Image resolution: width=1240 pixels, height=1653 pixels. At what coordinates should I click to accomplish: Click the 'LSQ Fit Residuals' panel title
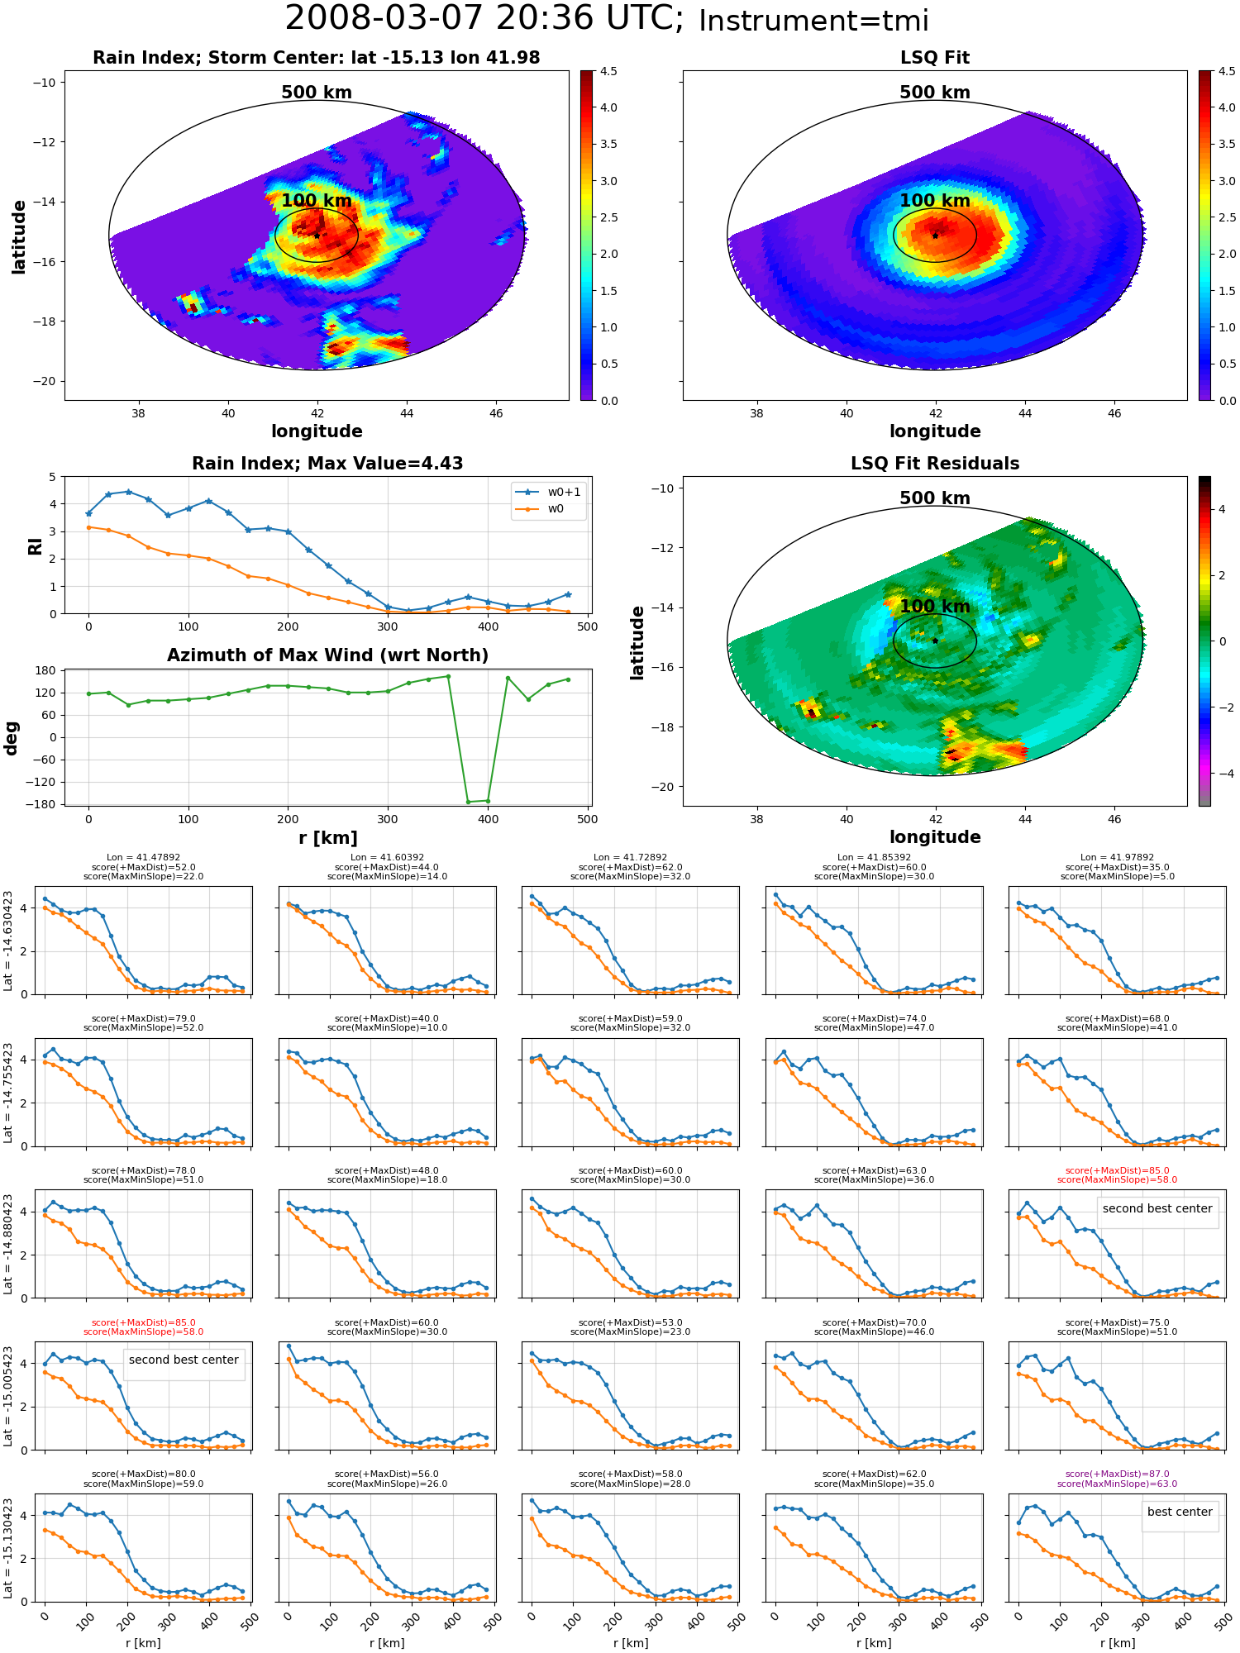click(935, 464)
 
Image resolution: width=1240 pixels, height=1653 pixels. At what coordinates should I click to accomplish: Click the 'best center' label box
click(1180, 1512)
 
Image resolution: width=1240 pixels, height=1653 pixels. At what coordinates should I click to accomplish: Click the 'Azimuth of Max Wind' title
click(327, 655)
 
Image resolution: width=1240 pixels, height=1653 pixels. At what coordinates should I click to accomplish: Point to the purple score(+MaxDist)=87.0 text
click(1117, 1474)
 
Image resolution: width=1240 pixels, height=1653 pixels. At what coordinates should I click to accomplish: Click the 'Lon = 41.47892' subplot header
click(143, 858)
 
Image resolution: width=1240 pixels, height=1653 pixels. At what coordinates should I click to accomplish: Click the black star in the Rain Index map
click(317, 236)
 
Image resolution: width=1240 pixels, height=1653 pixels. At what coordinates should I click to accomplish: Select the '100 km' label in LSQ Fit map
click(935, 201)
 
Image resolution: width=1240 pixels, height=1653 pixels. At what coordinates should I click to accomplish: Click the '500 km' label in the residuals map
click(935, 498)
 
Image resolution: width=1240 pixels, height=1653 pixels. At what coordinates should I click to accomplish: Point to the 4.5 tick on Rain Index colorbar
click(608, 71)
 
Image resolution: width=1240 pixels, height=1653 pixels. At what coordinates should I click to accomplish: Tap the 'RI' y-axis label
click(35, 545)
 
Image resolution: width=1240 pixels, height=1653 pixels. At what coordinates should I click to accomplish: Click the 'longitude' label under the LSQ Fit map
click(935, 431)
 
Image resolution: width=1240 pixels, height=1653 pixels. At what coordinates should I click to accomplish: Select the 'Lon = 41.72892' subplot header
click(630, 858)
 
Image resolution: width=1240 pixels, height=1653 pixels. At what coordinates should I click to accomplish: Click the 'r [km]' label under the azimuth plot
click(327, 838)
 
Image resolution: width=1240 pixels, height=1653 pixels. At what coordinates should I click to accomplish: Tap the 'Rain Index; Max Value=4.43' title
click(327, 464)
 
